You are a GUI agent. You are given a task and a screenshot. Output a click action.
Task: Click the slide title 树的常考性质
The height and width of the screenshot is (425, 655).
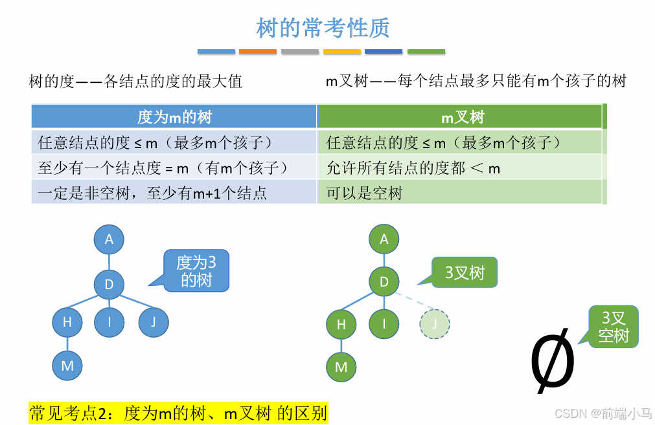pyautogui.click(x=323, y=28)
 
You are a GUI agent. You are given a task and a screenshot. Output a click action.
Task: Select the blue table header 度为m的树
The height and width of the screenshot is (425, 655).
pyautogui.click(x=174, y=117)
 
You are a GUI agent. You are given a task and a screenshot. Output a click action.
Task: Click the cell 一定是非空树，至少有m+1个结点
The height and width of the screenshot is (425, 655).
pyautogui.click(x=153, y=193)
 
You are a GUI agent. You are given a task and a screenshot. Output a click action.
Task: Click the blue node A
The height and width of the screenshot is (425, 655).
pyautogui.click(x=109, y=239)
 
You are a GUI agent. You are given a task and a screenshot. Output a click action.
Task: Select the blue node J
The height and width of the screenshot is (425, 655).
pyautogui.click(x=154, y=321)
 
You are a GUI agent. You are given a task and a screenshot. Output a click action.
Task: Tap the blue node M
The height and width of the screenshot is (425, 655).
pyautogui.click(x=67, y=365)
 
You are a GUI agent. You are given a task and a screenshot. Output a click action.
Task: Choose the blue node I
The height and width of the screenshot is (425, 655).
pyautogui.click(x=109, y=321)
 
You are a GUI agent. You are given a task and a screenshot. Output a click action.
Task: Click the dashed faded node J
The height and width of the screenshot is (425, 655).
pyautogui.click(x=435, y=323)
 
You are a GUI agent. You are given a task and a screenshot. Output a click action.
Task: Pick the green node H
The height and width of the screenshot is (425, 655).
pyautogui.click(x=341, y=323)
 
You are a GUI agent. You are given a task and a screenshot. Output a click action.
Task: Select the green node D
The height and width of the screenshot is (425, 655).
pyautogui.click(x=384, y=281)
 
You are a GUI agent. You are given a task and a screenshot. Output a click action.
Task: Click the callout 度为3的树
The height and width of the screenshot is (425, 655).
pyautogui.click(x=196, y=271)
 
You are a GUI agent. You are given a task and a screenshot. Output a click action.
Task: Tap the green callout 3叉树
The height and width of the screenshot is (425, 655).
pyautogui.click(x=465, y=272)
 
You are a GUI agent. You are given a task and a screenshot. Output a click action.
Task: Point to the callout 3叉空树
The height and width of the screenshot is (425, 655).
pyautogui.click(x=613, y=327)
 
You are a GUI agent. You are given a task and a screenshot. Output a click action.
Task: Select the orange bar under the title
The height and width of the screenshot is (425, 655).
pyautogui.click(x=257, y=52)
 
